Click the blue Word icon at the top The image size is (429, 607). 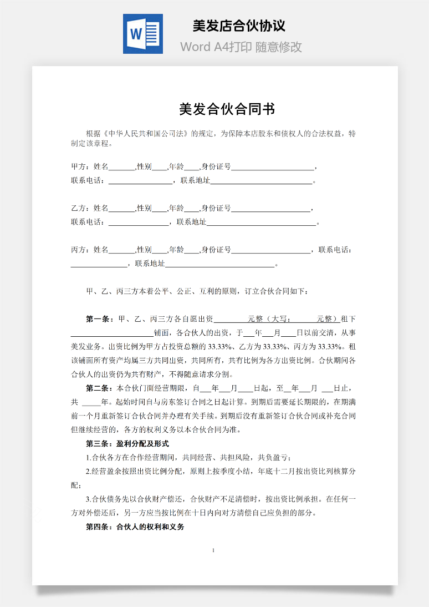(x=142, y=34)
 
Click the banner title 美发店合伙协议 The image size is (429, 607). (x=239, y=26)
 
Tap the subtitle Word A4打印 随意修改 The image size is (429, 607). (x=241, y=47)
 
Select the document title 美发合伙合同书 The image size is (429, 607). (x=227, y=109)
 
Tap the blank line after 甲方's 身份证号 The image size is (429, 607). (x=272, y=167)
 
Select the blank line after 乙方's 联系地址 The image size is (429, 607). (x=261, y=222)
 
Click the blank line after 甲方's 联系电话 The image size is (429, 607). (x=140, y=181)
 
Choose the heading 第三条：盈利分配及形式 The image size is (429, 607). (x=127, y=443)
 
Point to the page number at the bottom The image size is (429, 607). (x=214, y=550)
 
